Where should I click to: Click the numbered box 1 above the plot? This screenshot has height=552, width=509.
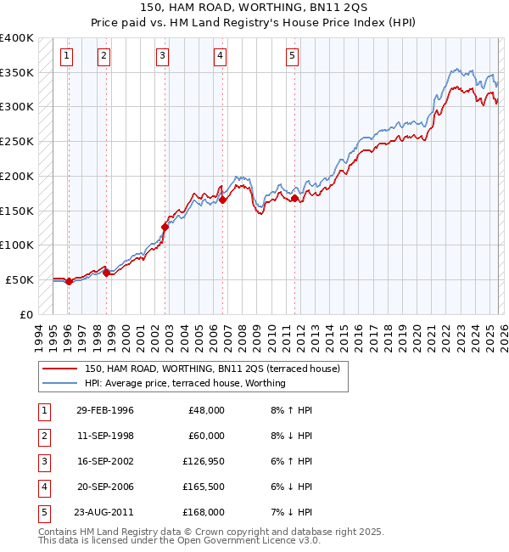[x=67, y=57]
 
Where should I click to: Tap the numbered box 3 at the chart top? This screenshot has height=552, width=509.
[x=162, y=57]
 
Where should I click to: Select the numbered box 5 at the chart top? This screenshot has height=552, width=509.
[x=292, y=57]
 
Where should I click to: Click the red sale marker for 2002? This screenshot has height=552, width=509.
[x=165, y=227]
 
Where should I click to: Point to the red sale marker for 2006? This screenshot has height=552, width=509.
[x=222, y=200]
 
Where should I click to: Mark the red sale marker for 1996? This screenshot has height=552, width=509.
[x=69, y=281]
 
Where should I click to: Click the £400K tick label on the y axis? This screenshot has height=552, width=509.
[x=16, y=38]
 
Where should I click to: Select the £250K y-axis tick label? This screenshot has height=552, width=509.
[x=16, y=142]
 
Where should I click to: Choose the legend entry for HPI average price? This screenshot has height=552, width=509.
[x=185, y=383]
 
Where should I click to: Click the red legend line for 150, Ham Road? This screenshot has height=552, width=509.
[x=60, y=369]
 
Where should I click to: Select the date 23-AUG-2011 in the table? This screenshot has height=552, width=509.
[x=104, y=512]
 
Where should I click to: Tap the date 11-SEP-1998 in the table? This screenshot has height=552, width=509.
[x=104, y=436]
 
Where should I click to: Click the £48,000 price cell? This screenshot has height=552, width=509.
[x=205, y=410]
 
